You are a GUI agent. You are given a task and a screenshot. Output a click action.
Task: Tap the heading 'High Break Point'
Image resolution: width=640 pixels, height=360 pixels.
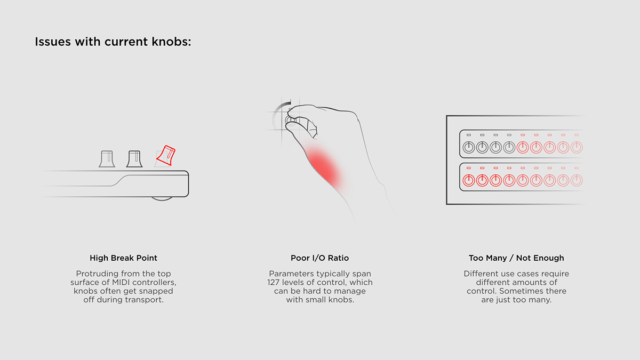click(x=123, y=258)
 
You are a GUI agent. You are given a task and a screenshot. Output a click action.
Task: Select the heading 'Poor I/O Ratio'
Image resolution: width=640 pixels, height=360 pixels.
click(x=319, y=258)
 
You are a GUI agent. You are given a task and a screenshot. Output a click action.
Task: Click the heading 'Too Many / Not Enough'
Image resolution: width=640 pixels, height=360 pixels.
click(x=516, y=258)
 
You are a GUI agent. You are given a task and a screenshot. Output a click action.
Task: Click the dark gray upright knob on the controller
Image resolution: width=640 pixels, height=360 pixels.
click(x=134, y=159)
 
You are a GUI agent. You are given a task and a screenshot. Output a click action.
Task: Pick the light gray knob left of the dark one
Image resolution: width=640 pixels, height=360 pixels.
click(x=107, y=159)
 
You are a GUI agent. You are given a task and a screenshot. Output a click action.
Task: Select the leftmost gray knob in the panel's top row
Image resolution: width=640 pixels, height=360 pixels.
click(x=468, y=148)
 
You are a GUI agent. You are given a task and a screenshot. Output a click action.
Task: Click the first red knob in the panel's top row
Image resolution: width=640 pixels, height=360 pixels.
click(x=523, y=148)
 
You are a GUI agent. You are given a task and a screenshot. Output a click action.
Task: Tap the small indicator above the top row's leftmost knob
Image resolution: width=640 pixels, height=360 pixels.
click(x=468, y=135)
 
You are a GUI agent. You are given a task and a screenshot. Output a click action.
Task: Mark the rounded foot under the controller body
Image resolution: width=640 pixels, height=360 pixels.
click(x=162, y=198)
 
